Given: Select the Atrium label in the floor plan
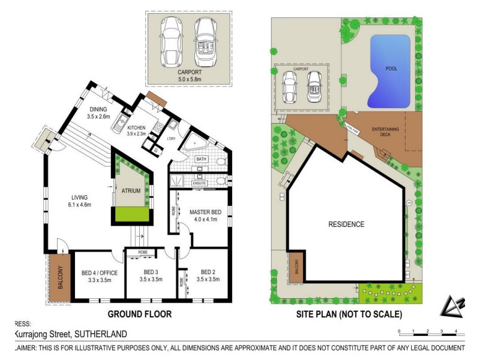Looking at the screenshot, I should point(131,191).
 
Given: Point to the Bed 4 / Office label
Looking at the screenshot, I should point(100,277).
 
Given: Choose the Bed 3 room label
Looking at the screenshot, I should point(151,277).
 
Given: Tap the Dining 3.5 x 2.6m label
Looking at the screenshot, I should point(98,113).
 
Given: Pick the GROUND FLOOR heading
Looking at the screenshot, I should point(139,314).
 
